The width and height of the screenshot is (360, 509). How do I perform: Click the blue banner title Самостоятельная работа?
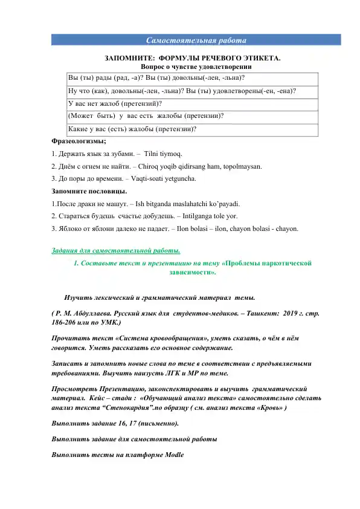196,41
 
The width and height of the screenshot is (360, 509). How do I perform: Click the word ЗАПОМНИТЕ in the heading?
127,58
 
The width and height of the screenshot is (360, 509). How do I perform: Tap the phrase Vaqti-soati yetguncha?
162,179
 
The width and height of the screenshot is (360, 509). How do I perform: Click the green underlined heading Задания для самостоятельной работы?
115,251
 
